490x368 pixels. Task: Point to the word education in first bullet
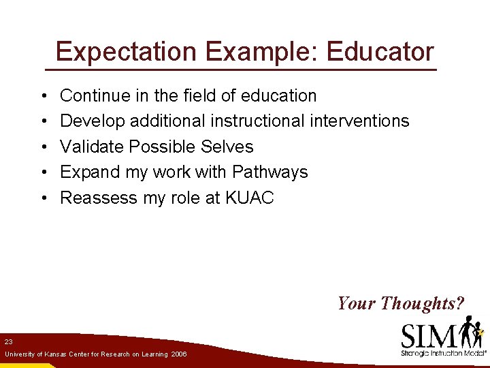tap(278, 95)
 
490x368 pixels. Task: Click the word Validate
tap(92, 147)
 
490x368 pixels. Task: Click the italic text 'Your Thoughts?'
tap(400, 303)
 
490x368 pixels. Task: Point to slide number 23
tap(8, 341)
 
